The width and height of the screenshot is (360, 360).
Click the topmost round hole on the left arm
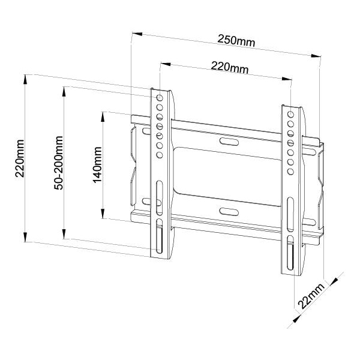[x=160, y=97]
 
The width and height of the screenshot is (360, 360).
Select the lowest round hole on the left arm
[x=160, y=155]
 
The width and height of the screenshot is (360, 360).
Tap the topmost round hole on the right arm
[x=291, y=114]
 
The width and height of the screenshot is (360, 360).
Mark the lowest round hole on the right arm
[x=291, y=172]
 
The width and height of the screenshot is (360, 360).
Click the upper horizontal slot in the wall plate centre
[x=229, y=142]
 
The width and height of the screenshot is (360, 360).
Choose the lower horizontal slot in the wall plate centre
[x=229, y=211]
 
